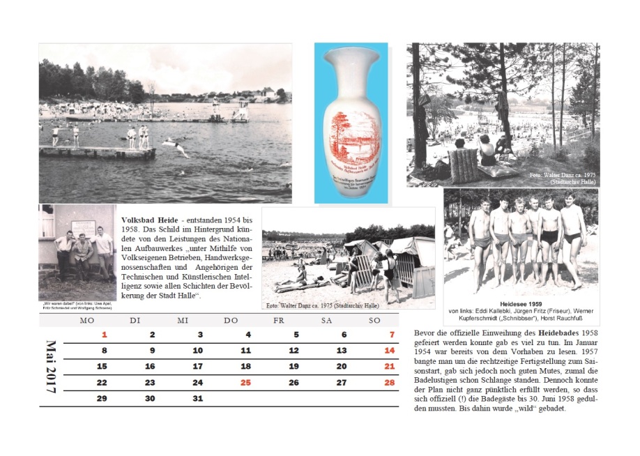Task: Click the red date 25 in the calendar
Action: click(x=245, y=383)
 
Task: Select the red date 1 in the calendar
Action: click(x=105, y=335)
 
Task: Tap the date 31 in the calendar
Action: click(x=197, y=399)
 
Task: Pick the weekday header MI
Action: click(x=183, y=320)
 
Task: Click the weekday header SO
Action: click(x=374, y=320)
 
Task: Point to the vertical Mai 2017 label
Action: click(x=51, y=367)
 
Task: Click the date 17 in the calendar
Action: click(x=197, y=367)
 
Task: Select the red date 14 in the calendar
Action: click(x=389, y=351)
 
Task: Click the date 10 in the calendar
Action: click(x=197, y=351)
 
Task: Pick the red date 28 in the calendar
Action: click(x=389, y=383)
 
